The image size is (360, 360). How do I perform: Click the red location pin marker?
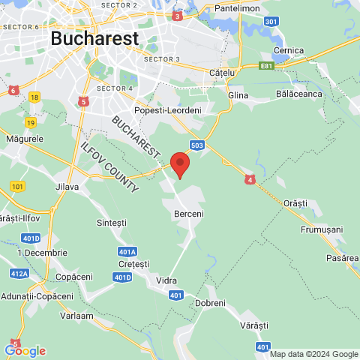(x=180, y=163)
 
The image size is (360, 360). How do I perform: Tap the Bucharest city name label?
(x=94, y=38)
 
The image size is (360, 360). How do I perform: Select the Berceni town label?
(x=188, y=214)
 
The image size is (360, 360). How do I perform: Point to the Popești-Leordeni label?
(x=168, y=110)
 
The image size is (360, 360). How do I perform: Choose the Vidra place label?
(x=166, y=280)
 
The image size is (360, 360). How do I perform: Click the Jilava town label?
(x=67, y=187)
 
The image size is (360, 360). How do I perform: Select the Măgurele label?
(x=25, y=139)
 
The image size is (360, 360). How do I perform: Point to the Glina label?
(x=238, y=95)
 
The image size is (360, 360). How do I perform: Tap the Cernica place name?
(x=289, y=50)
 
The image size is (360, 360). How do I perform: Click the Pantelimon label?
(x=236, y=7)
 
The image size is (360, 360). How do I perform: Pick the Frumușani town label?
(x=320, y=229)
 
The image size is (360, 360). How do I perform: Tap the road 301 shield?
(x=271, y=22)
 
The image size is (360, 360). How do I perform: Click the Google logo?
(x=25, y=350)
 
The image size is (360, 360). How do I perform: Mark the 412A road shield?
(x=19, y=274)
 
